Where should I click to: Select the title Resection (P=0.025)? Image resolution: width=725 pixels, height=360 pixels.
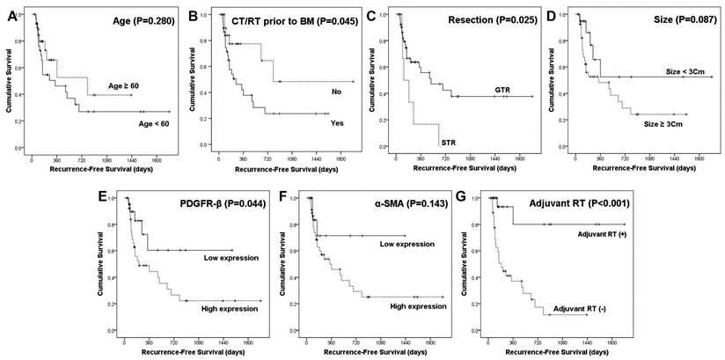pyautogui.click(x=483, y=18)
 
